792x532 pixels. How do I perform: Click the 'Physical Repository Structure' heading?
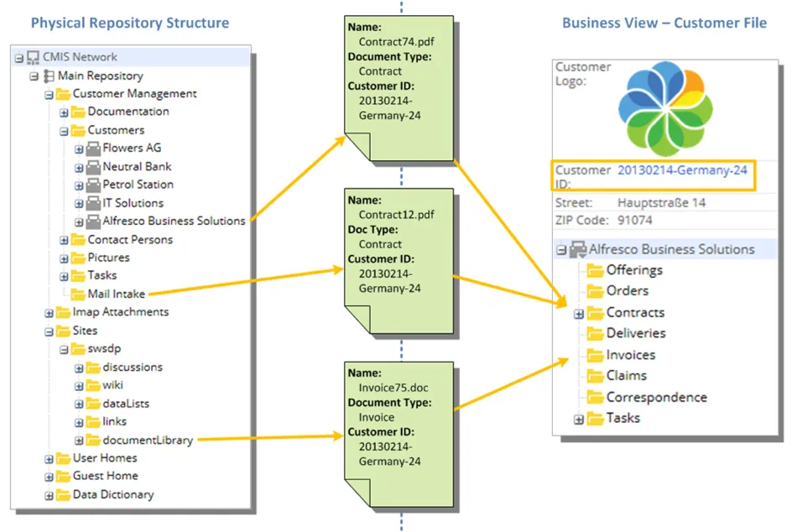pyautogui.click(x=129, y=23)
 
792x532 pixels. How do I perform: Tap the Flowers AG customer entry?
pyautogui.click(x=132, y=149)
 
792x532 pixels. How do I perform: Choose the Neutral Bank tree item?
pyautogui.click(x=137, y=166)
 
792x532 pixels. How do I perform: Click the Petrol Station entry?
pyautogui.click(x=138, y=185)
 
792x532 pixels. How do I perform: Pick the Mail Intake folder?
pyautogui.click(x=116, y=294)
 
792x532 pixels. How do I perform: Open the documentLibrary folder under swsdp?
pyautogui.click(x=148, y=440)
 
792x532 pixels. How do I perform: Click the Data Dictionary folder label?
pyautogui.click(x=113, y=494)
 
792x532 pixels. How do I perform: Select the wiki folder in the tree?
pyautogui.click(x=112, y=385)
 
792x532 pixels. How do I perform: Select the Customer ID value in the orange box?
pyautogui.click(x=682, y=170)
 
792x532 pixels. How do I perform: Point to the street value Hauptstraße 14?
pyautogui.click(x=661, y=202)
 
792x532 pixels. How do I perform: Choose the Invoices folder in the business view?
pyautogui.click(x=630, y=355)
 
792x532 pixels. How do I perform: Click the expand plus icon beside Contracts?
pyautogui.click(x=579, y=314)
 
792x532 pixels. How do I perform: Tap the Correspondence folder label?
pyautogui.click(x=656, y=397)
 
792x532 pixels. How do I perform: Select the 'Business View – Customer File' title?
pyautogui.click(x=664, y=23)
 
